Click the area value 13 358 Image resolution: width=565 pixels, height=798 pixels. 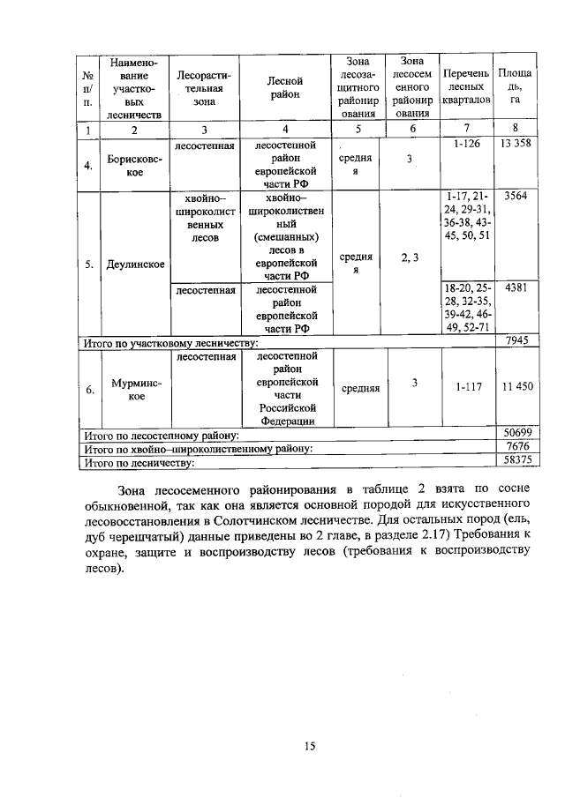pos(515,144)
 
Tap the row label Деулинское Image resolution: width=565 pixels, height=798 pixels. pos(134,263)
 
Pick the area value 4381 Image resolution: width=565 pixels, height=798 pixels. pos(515,287)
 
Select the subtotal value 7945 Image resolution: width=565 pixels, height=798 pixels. pos(515,340)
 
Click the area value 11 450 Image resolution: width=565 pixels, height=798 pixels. pos(515,387)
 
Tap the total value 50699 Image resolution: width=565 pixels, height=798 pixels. pos(515,435)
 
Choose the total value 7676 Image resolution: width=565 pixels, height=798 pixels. pos(515,448)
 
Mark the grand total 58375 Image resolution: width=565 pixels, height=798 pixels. pos(515,460)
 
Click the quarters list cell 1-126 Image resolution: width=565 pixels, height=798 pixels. pos(464,144)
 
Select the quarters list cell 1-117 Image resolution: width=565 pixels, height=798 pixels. pos(464,387)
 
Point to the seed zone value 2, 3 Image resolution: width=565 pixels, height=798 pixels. pos(409,257)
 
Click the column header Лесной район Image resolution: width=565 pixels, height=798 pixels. pos(284,86)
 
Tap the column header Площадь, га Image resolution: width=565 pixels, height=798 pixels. pos(515,86)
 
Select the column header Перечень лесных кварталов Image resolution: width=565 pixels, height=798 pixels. pos(464,86)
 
